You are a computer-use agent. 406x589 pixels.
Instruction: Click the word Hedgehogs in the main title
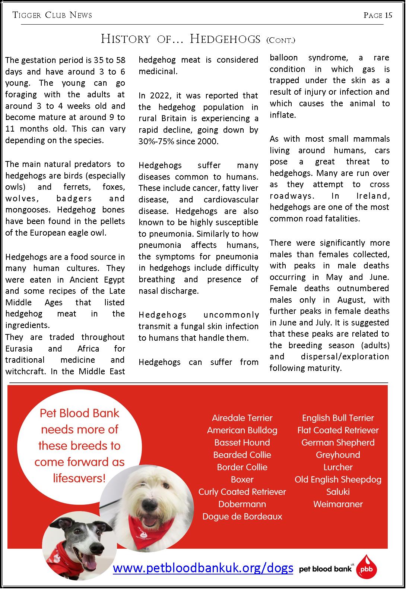tap(225, 39)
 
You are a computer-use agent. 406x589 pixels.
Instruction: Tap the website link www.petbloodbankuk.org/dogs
tap(203, 568)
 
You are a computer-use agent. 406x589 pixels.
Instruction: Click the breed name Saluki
tap(338, 492)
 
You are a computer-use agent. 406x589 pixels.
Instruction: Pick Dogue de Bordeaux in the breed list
tap(242, 516)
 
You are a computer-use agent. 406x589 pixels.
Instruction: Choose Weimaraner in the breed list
tap(338, 504)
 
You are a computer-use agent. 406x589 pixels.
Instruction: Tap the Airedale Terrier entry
tap(242, 418)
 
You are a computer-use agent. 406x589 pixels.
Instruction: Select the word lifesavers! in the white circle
tap(79, 478)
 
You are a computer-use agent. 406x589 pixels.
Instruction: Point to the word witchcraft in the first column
tap(25, 372)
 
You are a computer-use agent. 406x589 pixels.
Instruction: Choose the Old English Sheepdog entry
tap(338, 479)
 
